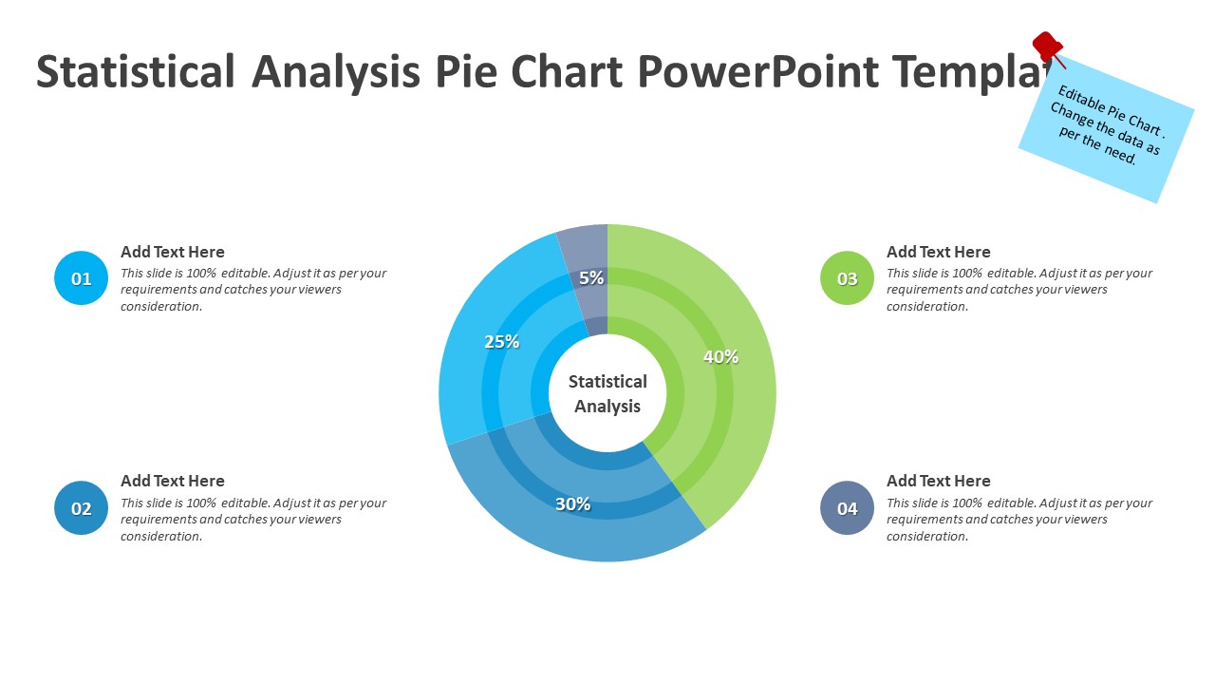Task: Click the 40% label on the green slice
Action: tap(720, 357)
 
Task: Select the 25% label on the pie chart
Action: tap(501, 342)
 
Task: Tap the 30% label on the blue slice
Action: tap(572, 504)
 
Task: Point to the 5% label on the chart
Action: tap(591, 278)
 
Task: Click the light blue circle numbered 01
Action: tap(82, 278)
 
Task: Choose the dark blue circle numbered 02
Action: tap(82, 508)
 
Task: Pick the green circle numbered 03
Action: tap(847, 278)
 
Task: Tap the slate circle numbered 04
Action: tap(847, 508)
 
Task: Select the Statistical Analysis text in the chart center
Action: tap(607, 393)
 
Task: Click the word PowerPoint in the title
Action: tap(759, 72)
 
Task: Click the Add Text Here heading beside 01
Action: tap(173, 252)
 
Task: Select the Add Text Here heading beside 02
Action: tap(173, 481)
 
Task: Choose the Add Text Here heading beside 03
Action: tap(938, 252)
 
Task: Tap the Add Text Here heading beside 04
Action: tap(938, 481)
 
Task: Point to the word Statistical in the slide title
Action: tap(136, 72)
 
